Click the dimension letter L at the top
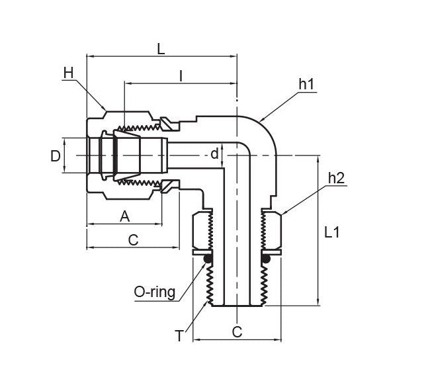pos(160,48)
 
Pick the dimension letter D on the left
pos(56,156)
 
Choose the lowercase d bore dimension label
pos(214,155)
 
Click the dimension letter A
pos(124,216)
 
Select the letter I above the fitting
pos(181,75)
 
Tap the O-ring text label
pos(154,292)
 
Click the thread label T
pos(179,336)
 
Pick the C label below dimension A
pos(133,239)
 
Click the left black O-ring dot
pos(207,259)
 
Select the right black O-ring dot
pos(266,259)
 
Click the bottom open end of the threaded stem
pos(236,306)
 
